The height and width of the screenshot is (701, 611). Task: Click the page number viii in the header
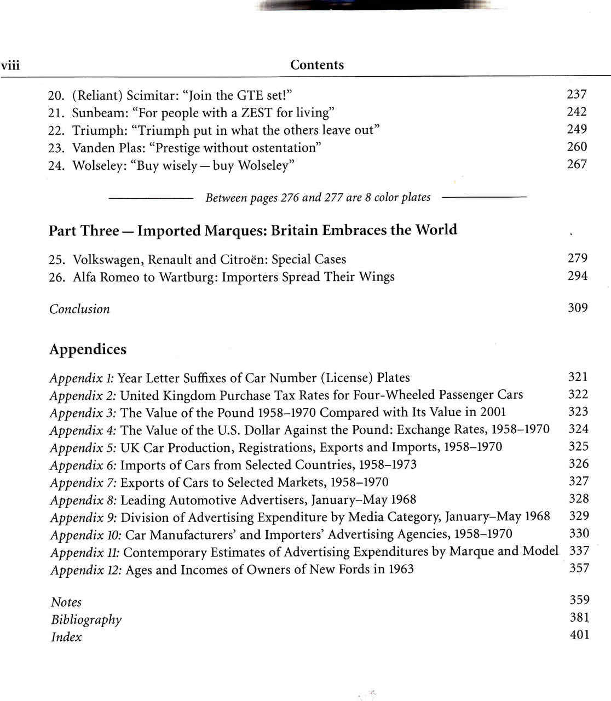tap(10, 66)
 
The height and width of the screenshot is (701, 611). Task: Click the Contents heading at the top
tap(317, 65)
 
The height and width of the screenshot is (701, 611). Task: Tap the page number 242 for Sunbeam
tap(577, 112)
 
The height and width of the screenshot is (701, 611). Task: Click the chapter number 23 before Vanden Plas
tap(56, 148)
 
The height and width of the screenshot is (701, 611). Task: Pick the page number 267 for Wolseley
tap(577, 164)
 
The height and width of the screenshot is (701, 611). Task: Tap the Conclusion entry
tap(79, 309)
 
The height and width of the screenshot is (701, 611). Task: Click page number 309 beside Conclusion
tap(578, 308)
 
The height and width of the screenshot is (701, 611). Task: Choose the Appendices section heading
tap(88, 349)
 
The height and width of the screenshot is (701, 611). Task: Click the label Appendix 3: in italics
tap(83, 413)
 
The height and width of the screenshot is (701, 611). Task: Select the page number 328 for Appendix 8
tap(579, 498)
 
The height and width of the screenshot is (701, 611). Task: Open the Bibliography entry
tap(86, 619)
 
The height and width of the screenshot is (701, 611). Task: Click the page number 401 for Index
tap(579, 635)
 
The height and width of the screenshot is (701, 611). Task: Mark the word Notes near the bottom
tap(66, 602)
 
